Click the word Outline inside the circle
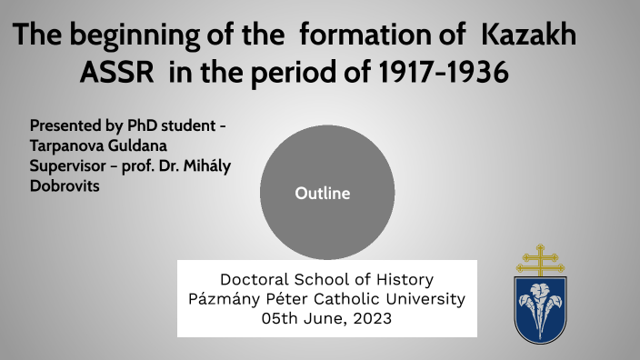(322, 193)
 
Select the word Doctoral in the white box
(254, 279)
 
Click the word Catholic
(355, 298)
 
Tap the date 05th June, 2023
(326, 318)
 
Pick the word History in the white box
(402, 279)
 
